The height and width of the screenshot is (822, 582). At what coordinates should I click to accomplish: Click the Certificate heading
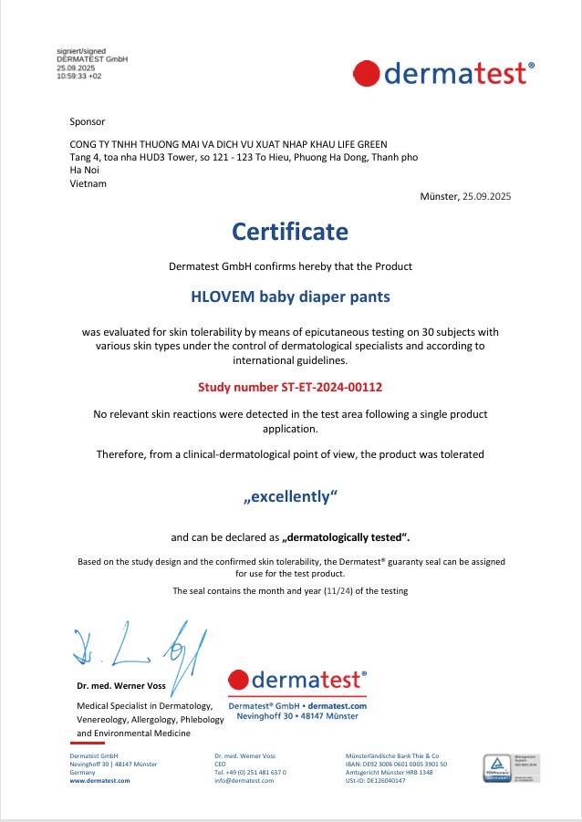coord(290,232)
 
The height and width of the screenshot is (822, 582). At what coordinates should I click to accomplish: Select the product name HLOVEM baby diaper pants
coord(290,297)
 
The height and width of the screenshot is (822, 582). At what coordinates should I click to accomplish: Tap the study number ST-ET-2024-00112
coord(290,387)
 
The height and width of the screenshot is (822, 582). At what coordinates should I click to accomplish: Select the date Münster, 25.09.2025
coord(471,196)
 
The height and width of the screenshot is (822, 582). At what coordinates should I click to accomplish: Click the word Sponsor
coord(88,121)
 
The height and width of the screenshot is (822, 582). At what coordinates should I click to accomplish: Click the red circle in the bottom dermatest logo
coord(239,681)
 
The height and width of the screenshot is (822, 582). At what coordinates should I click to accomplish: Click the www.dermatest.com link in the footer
coord(100,781)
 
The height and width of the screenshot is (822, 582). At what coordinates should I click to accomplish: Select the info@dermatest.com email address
coord(244,781)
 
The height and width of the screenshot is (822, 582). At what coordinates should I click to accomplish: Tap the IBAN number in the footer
coord(396,765)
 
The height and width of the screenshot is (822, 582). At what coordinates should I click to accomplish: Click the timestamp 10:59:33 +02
coord(79,77)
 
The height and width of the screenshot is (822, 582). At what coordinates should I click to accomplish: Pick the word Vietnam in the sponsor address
coord(88,183)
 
